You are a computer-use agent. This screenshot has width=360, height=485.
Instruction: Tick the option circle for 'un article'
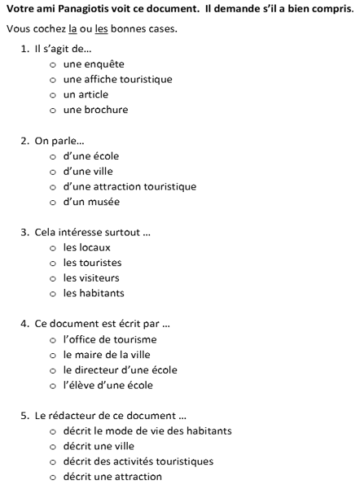[x=54, y=95]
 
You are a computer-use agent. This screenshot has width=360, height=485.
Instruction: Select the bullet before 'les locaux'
[x=54, y=248]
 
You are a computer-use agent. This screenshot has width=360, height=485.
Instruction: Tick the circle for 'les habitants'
[x=54, y=294]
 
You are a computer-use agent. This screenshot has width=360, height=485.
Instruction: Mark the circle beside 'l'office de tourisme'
[x=54, y=340]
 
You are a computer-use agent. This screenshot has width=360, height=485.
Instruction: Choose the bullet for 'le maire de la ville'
[x=54, y=356]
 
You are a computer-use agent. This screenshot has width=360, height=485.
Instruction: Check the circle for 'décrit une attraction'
[x=54, y=478]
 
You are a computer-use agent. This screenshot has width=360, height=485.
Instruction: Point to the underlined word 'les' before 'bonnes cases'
[x=102, y=29]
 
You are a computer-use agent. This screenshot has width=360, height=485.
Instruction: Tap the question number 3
[x=24, y=233]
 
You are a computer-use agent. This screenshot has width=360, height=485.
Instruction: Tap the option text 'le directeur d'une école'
[x=119, y=370]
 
